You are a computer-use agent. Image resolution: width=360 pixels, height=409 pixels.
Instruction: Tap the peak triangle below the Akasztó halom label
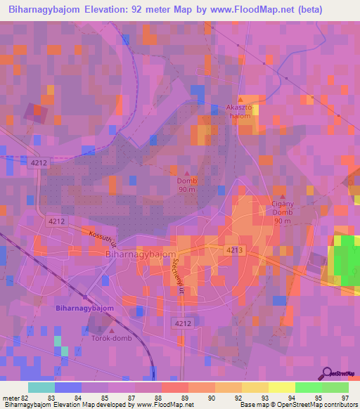click(240, 98)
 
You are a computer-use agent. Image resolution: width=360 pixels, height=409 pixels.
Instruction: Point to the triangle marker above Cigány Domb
click(283, 197)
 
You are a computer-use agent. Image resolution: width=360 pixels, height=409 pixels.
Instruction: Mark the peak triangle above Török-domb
click(110, 330)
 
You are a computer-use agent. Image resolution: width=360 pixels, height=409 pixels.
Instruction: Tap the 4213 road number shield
click(235, 250)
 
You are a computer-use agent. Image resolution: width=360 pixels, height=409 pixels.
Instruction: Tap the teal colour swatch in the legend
click(41, 387)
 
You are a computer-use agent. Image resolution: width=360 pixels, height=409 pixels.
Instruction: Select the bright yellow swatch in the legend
click(281, 387)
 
